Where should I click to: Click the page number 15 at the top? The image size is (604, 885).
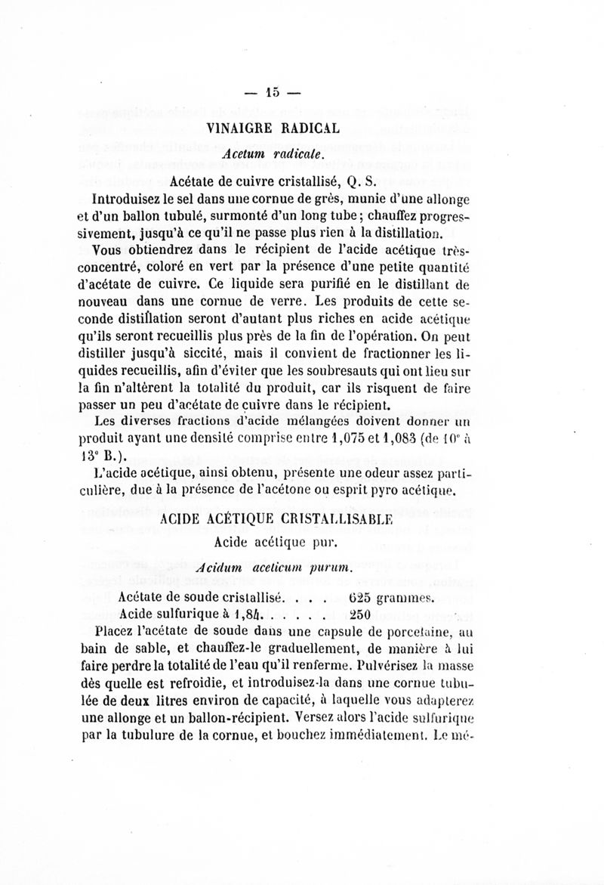tap(272, 93)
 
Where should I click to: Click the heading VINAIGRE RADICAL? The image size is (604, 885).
tap(273, 128)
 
